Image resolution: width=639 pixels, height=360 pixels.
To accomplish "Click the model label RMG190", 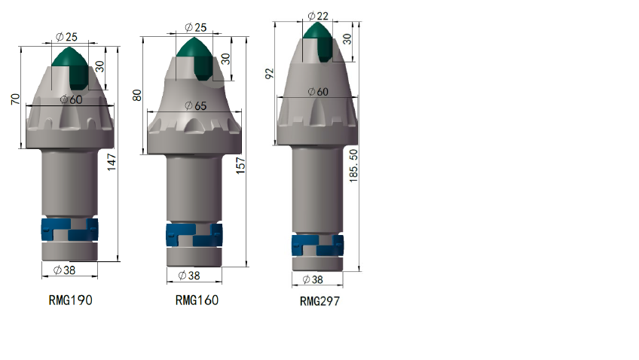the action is click(71, 301).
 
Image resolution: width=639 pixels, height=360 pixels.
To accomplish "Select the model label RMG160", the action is click(197, 301).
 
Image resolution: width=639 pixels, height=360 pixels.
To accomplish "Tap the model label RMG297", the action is click(319, 301).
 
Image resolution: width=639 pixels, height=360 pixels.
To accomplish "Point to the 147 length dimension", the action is click(112, 162).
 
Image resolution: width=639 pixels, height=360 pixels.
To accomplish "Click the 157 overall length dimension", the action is click(241, 166).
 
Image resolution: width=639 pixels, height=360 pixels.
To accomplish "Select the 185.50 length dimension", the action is click(353, 166).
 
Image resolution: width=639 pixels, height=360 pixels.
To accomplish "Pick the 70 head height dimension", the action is click(16, 99).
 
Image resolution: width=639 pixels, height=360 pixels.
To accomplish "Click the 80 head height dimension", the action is click(137, 96).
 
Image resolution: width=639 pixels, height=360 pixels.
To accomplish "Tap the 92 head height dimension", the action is click(269, 74).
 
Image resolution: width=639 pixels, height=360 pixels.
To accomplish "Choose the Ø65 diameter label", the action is click(196, 106).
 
